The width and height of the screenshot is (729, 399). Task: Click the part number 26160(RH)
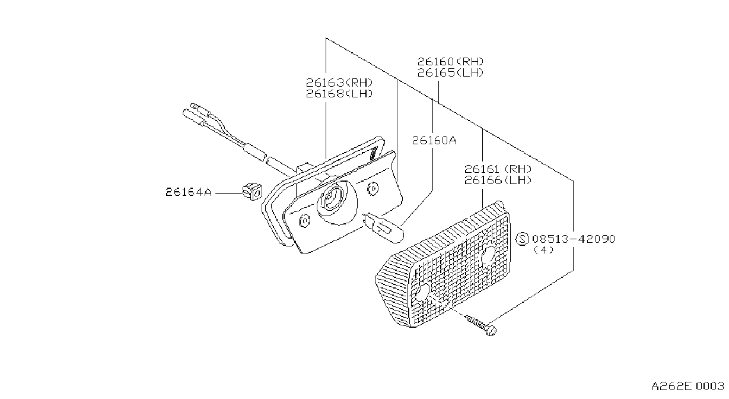pos(450,62)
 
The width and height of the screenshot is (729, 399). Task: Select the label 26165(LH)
pos(450,72)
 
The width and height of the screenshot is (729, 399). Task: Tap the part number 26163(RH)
pos(339,83)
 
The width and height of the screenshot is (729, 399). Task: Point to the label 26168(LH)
pos(339,94)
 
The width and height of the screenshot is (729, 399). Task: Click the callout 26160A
pos(434,140)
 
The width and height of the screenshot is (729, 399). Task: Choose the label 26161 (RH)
pos(498,169)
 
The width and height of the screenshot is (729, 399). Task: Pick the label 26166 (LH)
pos(498,180)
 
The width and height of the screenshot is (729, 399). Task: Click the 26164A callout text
pos(189,192)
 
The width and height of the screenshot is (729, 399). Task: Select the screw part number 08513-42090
pos(574,239)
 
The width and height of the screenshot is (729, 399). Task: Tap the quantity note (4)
pos(543,250)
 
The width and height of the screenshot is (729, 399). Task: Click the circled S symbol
pos(523,239)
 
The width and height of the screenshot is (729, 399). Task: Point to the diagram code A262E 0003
pos(687,387)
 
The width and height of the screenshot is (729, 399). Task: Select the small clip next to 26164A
pos(252,192)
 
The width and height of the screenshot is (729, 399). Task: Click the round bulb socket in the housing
pos(337,202)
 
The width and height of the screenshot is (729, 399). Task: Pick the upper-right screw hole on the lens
pos(488,255)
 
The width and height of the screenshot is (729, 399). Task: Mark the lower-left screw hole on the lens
pos(422,292)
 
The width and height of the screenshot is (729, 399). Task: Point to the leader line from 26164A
pos(229,193)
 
